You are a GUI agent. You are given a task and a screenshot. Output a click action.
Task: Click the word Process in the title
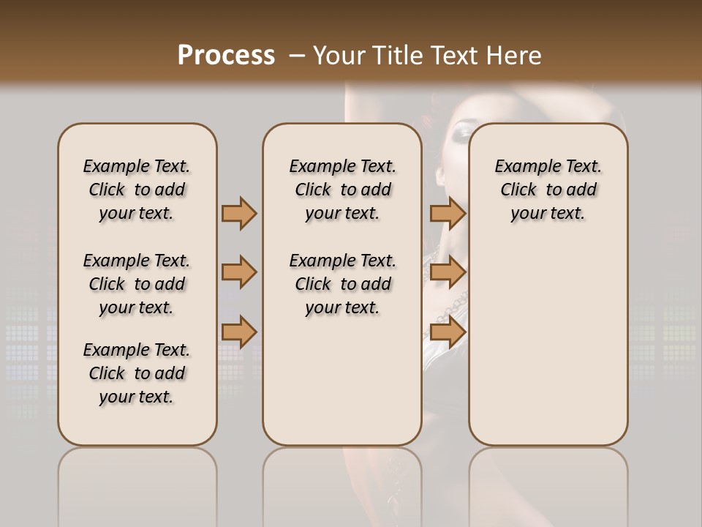point(226,55)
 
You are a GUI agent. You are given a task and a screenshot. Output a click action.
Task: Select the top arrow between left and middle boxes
point(239,213)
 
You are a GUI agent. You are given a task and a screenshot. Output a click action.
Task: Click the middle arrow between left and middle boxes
point(239,273)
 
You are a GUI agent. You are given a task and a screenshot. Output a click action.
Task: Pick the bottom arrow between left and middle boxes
point(239,332)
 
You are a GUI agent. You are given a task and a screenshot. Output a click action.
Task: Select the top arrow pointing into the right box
point(448,213)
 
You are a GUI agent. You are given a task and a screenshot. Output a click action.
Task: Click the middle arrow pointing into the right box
point(448,273)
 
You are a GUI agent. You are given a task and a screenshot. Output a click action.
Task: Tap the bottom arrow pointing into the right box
point(448,332)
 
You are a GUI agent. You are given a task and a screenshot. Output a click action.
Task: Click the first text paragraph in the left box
point(137,190)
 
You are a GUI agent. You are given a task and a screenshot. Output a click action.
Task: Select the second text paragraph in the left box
point(137,284)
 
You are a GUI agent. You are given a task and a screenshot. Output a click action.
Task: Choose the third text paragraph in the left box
point(137,373)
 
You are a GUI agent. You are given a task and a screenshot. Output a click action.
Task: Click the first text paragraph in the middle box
point(342,190)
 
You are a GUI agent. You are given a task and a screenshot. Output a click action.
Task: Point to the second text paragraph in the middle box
point(342,284)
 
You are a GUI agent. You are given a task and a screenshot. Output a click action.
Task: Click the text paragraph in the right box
point(548,190)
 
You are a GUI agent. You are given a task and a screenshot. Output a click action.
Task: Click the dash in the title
point(297,55)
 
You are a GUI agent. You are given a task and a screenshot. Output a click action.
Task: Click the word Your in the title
point(339,55)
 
